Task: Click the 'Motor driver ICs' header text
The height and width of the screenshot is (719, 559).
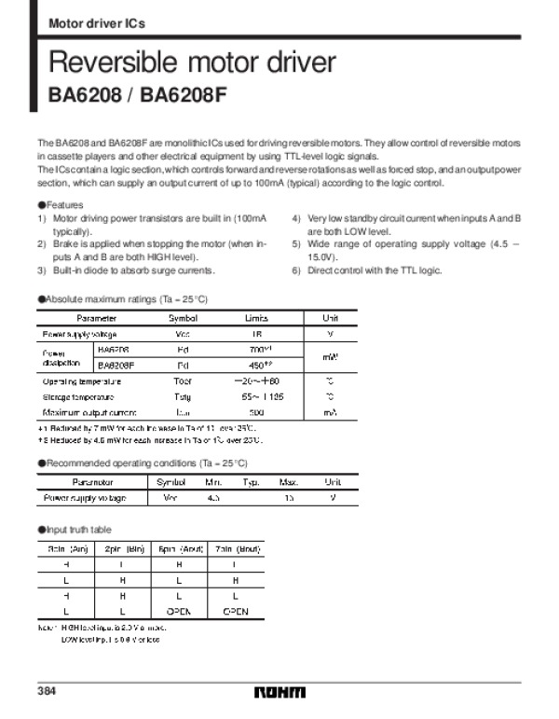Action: (96, 21)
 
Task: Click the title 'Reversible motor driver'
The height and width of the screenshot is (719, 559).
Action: (191, 63)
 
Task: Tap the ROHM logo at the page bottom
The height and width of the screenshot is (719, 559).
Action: (279, 692)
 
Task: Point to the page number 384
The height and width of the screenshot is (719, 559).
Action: (48, 691)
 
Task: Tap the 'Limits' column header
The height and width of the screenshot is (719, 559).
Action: (256, 318)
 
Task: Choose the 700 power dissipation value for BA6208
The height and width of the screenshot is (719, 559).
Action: (258, 349)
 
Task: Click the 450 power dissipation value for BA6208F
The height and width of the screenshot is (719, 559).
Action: (258, 365)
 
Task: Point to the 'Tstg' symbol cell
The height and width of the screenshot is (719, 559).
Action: (183, 396)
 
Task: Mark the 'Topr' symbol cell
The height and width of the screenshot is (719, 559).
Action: (183, 380)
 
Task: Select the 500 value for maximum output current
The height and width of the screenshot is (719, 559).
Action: (256, 412)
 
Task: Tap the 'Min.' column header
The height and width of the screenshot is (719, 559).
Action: (213, 482)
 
